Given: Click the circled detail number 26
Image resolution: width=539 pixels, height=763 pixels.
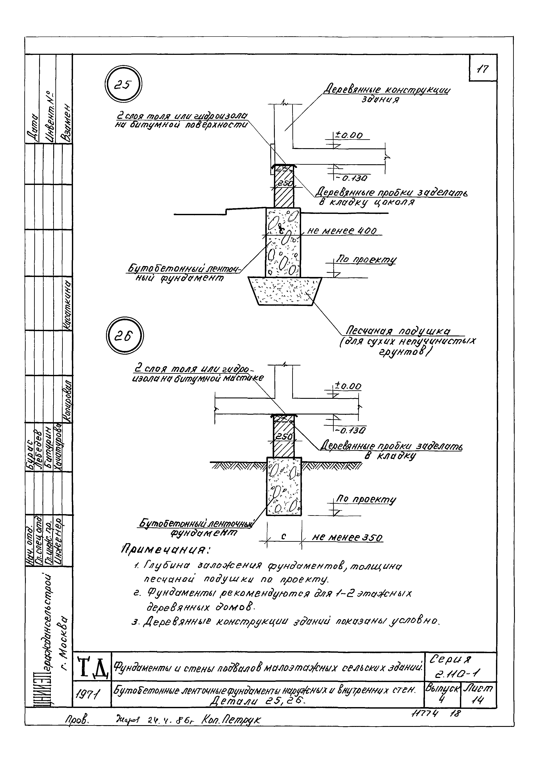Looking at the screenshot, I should tap(124, 336).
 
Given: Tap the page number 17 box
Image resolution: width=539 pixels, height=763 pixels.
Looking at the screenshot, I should tap(483, 69).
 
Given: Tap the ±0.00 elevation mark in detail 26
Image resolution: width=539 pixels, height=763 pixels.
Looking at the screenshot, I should tap(347, 386).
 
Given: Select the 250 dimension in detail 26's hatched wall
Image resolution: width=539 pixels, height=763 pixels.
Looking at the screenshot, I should tap(283, 437).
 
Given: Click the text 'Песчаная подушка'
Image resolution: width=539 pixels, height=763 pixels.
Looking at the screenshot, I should tap(398, 331).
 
